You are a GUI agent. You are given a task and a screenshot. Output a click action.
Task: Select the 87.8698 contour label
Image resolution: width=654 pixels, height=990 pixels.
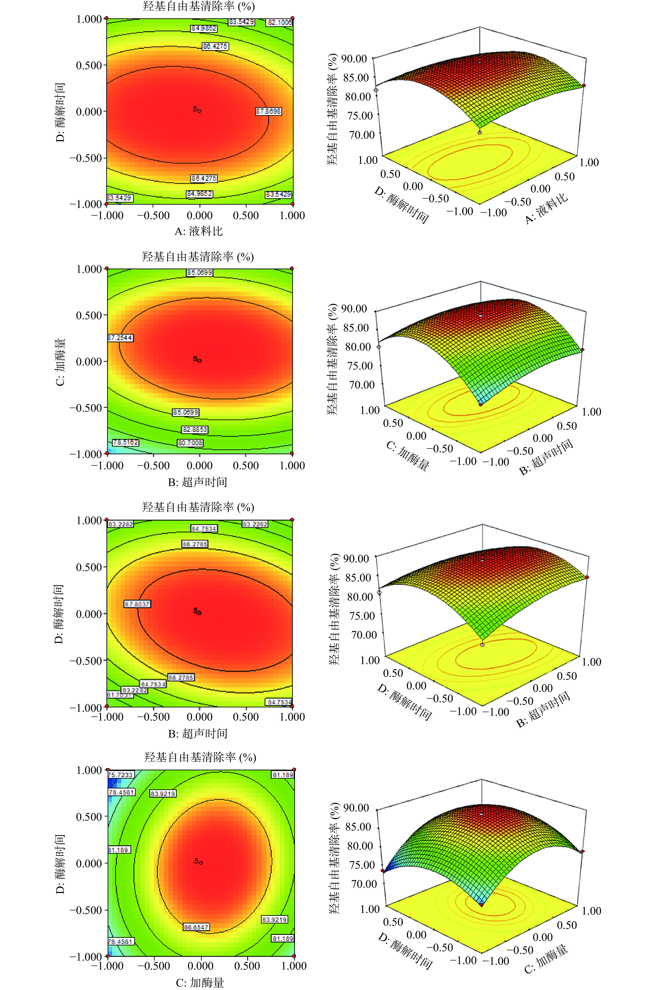(x=268, y=111)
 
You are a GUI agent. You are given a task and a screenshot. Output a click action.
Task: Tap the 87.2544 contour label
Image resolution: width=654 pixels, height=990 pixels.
(x=120, y=338)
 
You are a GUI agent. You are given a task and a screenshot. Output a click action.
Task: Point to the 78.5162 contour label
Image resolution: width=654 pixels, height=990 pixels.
(x=125, y=442)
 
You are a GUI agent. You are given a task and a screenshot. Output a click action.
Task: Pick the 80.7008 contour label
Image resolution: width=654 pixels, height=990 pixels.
(x=190, y=443)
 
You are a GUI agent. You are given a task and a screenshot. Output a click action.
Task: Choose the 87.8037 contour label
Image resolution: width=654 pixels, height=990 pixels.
(x=137, y=604)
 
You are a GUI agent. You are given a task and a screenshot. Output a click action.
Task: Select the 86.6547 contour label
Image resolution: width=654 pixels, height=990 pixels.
(x=196, y=927)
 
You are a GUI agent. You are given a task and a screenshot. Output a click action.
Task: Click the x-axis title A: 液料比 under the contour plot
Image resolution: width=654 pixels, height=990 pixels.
(x=199, y=231)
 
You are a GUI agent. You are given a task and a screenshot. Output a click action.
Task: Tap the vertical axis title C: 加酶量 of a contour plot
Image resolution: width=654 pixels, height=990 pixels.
(x=61, y=362)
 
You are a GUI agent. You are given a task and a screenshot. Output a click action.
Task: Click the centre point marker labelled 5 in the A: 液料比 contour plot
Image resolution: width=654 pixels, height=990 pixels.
(x=199, y=111)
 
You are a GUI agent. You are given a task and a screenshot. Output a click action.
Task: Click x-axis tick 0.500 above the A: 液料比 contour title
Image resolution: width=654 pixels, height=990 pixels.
(x=246, y=215)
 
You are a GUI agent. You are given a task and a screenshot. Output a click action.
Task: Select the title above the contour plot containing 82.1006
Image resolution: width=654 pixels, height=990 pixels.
(x=199, y=6)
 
